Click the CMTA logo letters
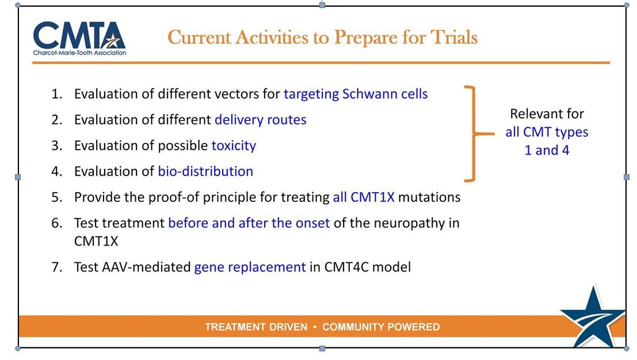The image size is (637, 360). coord(79,35)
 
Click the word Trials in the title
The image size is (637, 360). coord(454,37)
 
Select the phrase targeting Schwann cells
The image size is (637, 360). coord(356,94)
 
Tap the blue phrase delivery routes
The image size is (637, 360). coord(261,120)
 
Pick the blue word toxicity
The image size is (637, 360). coord(234,145)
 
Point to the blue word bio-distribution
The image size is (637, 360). coord(205,171)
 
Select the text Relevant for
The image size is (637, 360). coord(547,114)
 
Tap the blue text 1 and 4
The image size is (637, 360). coord(547,150)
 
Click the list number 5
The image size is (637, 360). coord(56,197)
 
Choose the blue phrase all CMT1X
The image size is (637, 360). coord(364,197)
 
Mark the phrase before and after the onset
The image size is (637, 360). coord(249,223)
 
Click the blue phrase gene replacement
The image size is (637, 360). coord(250,267)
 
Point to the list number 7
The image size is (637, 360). coord(56,267)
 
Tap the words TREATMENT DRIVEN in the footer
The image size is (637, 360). coord(256,327)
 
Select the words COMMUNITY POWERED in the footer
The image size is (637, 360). coord(381,327)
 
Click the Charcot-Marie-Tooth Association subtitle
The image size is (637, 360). coord(79,53)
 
